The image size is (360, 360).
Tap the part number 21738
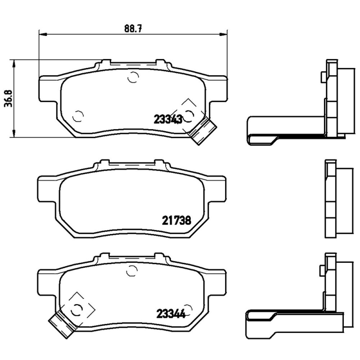(x=176, y=220)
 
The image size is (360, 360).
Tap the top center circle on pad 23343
(x=132, y=77)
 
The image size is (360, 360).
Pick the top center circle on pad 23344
(x=131, y=270)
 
